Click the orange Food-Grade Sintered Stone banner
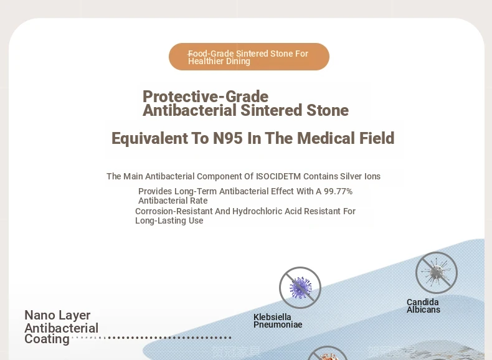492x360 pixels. tap(249, 57)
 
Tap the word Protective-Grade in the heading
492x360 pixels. tap(206, 97)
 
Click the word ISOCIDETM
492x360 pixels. tap(278, 176)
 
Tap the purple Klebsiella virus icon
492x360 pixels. tap(300, 288)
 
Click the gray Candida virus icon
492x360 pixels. tap(437, 273)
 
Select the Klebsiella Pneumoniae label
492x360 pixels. tap(278, 321)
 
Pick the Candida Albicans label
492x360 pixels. tap(423, 306)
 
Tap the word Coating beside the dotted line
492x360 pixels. tap(47, 339)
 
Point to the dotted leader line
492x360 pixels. tap(151, 338)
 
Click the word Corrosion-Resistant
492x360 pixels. tap(174, 211)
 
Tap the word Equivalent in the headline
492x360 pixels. tap(149, 138)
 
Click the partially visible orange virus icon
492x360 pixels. tap(327, 353)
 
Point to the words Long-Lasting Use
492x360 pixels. tap(169, 220)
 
